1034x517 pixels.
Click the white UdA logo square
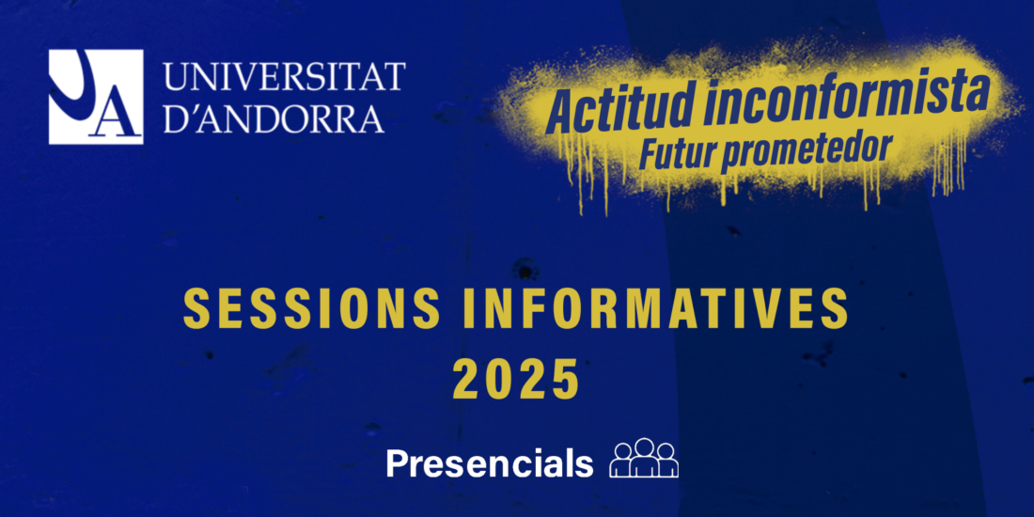(96, 97)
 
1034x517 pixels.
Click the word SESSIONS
(312, 308)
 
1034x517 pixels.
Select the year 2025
(516, 380)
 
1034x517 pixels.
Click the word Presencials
(490, 463)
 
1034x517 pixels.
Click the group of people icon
(644, 458)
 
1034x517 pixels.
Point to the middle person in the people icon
(644, 457)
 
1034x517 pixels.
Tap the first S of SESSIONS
(196, 308)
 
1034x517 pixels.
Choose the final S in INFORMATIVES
(835, 308)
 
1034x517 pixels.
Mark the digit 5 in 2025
(565, 380)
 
